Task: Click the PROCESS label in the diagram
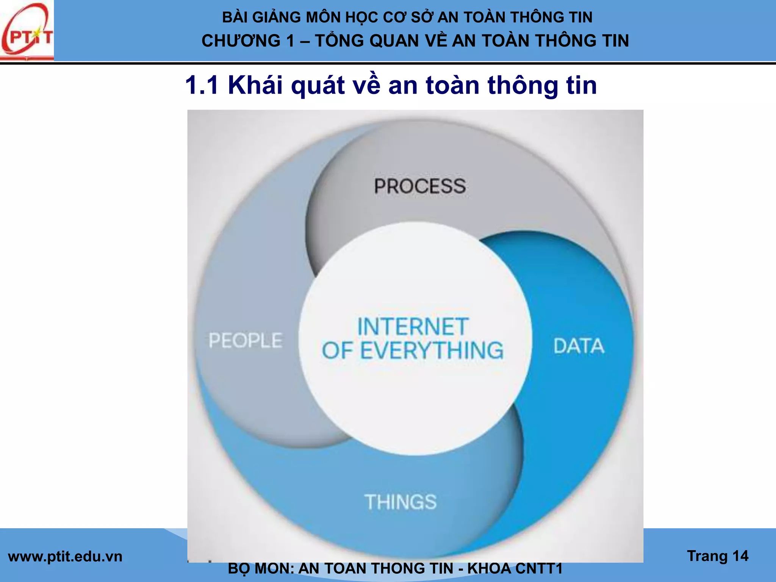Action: (x=420, y=186)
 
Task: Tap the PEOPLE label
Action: (x=246, y=340)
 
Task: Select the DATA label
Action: (x=579, y=346)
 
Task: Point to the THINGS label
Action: (x=401, y=502)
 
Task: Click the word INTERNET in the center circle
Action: (x=413, y=327)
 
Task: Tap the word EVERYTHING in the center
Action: (x=432, y=350)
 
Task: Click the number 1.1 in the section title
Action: (x=202, y=85)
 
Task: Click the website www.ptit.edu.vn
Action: (x=65, y=557)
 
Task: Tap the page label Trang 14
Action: (x=718, y=556)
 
